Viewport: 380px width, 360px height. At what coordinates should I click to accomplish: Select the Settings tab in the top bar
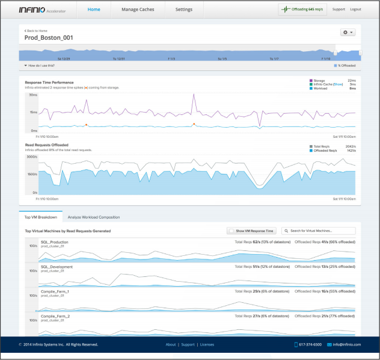click(184, 10)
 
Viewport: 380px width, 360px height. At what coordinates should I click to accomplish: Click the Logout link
click(355, 10)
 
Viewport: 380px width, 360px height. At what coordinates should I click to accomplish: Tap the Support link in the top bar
click(339, 10)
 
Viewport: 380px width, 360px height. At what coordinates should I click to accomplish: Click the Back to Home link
click(37, 29)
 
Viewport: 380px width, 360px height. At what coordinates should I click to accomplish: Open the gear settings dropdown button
click(348, 33)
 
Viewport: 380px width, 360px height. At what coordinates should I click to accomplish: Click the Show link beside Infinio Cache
click(339, 85)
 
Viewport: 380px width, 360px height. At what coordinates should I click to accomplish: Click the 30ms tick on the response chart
click(34, 95)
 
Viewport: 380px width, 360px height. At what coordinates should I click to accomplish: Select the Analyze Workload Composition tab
click(93, 217)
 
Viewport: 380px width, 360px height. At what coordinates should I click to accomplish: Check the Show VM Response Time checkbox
click(231, 231)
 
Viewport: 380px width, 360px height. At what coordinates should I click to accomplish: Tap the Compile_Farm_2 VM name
click(55, 316)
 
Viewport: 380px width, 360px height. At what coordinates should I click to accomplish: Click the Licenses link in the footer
click(207, 345)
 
